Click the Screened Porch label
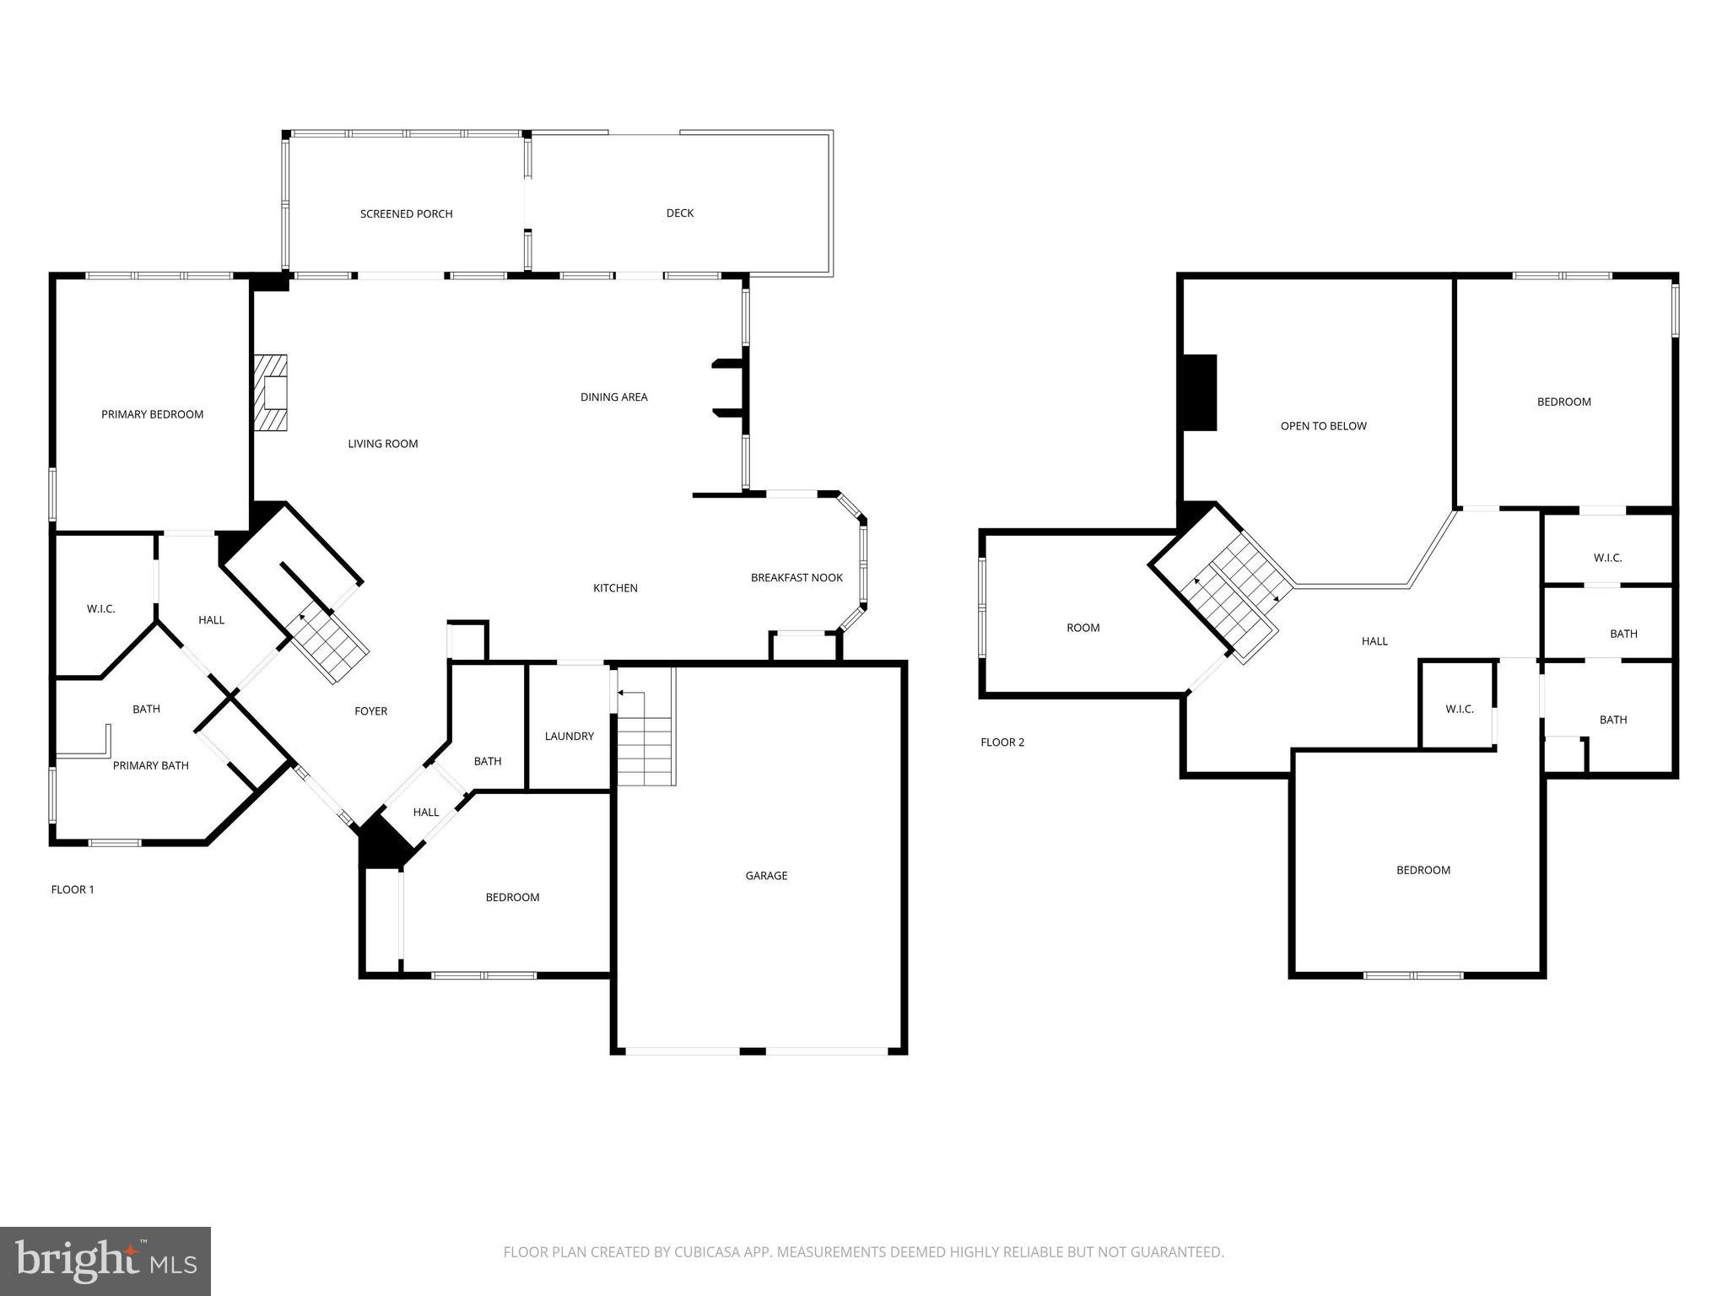(406, 214)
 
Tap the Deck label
(679, 213)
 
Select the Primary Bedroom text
(152, 414)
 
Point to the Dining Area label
(613, 397)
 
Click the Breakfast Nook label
(796, 578)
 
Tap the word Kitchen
(615, 588)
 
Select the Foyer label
(370, 711)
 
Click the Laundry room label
(569, 737)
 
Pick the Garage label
(766, 876)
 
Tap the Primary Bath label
(150, 766)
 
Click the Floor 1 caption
(73, 889)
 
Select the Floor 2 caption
(1002, 742)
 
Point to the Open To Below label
(1323, 426)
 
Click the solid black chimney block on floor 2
(1200, 392)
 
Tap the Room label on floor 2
(1083, 628)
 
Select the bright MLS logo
(105, 1261)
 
